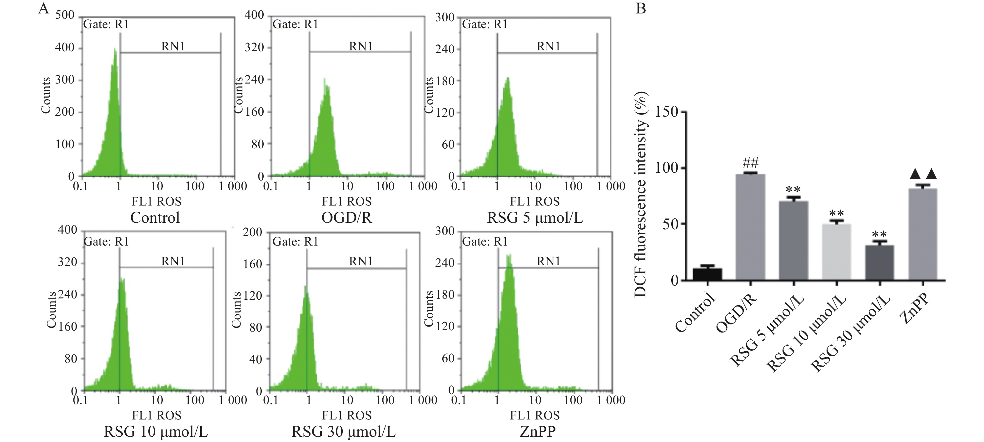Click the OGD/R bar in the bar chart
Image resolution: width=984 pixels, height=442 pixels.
coord(750,227)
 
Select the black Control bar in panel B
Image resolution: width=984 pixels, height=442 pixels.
coord(708,275)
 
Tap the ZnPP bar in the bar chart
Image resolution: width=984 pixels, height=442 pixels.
coord(922,234)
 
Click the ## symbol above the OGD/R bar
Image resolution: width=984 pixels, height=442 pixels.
coord(750,164)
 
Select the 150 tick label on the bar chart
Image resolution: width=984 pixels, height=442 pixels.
coord(666,112)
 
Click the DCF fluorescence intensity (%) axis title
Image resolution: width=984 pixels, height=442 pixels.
coord(641,194)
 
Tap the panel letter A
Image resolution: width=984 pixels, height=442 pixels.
coord(43,8)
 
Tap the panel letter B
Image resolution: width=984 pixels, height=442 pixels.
coord(641,8)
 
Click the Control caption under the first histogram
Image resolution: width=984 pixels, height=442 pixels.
coord(155,217)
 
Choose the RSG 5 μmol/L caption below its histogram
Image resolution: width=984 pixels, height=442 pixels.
coord(535,217)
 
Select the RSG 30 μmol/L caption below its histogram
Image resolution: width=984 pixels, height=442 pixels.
coord(343,432)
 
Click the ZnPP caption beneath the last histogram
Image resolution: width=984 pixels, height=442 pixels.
coord(538,432)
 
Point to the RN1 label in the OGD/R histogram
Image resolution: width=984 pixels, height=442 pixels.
coord(360,46)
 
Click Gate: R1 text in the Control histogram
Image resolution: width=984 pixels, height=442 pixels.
coord(106,24)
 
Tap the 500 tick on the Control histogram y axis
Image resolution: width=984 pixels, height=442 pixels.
coord(65,15)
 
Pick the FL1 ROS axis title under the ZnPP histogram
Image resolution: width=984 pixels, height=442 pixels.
coord(534,415)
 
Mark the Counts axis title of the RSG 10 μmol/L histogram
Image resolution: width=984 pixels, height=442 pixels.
coord(51,310)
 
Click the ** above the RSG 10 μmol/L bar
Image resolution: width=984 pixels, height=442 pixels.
coord(836,213)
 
